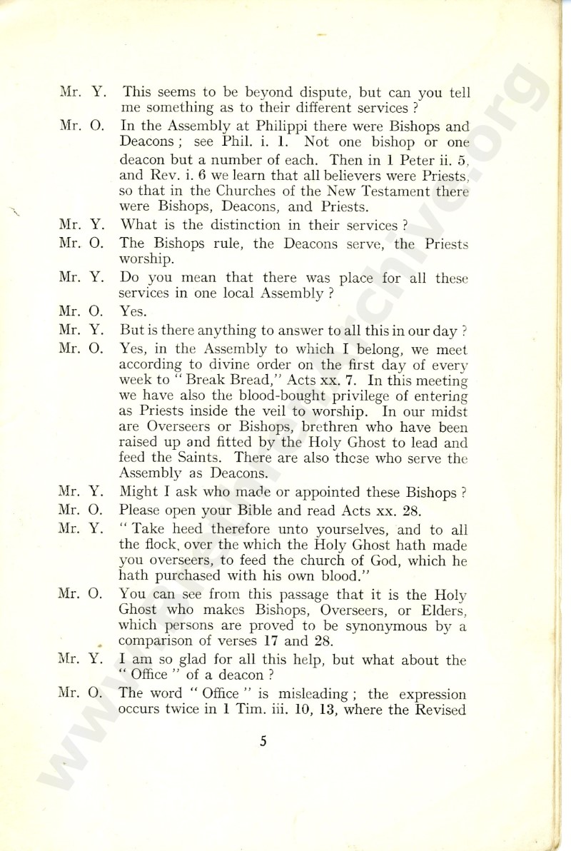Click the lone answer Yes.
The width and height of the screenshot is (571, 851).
click(x=133, y=311)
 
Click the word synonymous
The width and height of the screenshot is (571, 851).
click(x=378, y=627)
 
